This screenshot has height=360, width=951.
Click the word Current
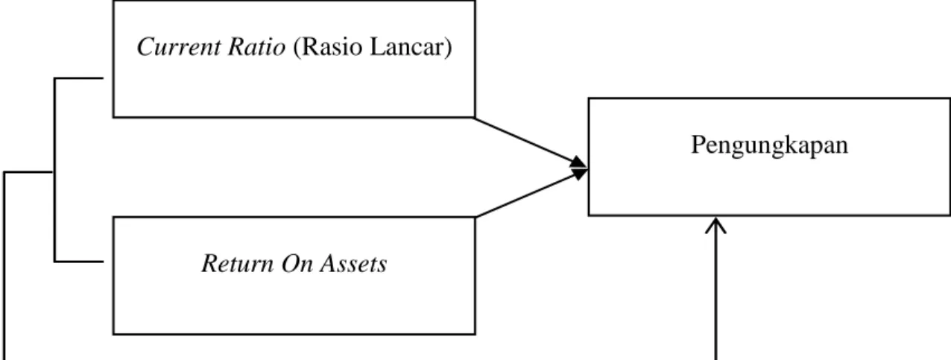pos(179,47)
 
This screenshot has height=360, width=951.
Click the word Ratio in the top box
pos(257,47)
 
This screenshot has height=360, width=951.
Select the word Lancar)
pos(411,47)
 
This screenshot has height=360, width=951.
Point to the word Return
pos(238,264)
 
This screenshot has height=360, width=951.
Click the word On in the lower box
pos(297,264)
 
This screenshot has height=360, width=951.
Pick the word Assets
pos(354,264)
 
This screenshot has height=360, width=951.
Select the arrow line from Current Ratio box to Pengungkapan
pos(530,142)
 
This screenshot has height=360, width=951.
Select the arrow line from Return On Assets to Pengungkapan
pos(531,194)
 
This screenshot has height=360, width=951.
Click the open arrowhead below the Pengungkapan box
pos(715,225)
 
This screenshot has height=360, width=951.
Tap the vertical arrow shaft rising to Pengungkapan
pos(715,288)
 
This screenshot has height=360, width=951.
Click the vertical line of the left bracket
pos(54,170)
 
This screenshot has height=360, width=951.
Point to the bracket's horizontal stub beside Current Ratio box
pos(79,78)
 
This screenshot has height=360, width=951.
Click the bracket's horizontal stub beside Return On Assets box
pos(79,262)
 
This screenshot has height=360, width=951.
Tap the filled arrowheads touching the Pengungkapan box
pos(578,168)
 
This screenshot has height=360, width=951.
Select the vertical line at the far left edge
pos(4,266)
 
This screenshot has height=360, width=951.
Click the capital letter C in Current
pos(145,47)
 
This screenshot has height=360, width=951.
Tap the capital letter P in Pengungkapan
pos(698,145)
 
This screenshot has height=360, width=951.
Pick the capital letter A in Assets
pos(329,264)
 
